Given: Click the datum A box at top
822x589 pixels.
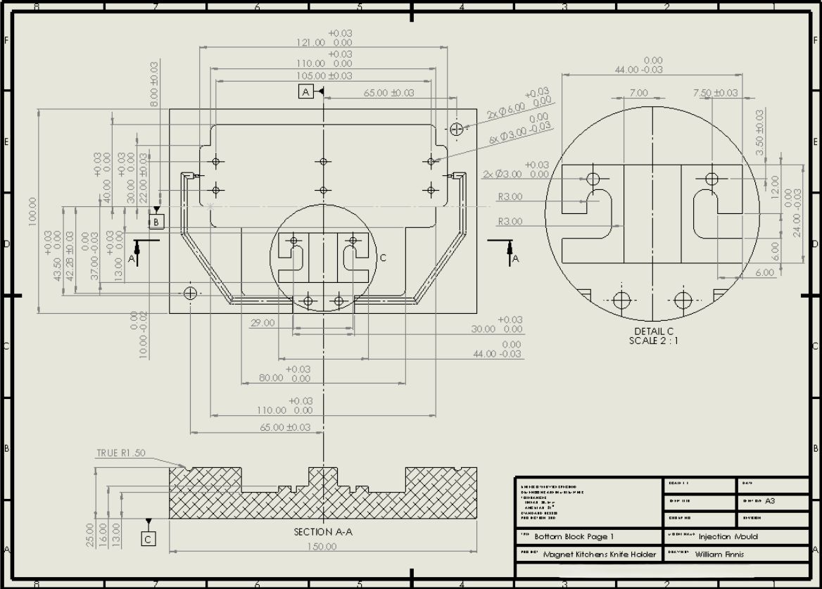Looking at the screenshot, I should coord(305,91).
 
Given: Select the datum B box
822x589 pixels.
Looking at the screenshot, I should coord(157,222).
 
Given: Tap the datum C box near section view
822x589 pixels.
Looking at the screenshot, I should coord(148,539).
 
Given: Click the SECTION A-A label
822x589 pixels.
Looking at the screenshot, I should coord(323,532).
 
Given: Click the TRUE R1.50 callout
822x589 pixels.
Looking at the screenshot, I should coord(121,453).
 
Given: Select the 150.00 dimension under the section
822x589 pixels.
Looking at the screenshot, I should coord(323,547).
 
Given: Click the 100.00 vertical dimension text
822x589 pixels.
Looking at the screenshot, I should coord(32,211).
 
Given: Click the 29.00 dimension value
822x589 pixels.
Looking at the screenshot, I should coord(262,323).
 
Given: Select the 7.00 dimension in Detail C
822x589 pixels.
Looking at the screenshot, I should coord(638,93).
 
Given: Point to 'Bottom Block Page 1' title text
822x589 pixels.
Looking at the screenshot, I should coord(574,536).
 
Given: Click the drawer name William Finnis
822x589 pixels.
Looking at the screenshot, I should coord(719,554).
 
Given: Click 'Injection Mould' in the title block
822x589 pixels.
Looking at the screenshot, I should coord(728,536).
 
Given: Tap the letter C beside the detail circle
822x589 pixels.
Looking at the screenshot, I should coord(383,258).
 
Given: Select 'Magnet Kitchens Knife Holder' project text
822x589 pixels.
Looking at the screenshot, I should coord(599,554).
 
